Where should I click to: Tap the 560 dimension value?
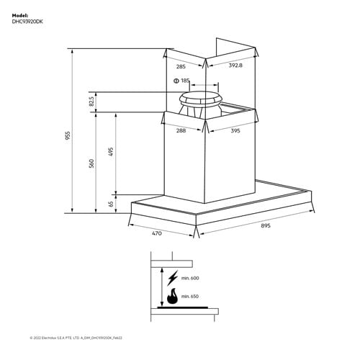pos(91,163)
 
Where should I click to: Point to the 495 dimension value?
pos(111,152)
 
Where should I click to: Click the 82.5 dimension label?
pos(91,102)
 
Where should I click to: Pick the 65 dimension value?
pos(111,204)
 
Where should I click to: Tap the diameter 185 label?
pos(181,81)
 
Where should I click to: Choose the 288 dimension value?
pos(182,131)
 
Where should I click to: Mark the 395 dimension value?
pos(235,131)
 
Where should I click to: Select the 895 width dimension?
pos(266,225)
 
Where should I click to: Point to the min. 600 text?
pos(190,279)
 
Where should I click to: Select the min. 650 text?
pos(190,296)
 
